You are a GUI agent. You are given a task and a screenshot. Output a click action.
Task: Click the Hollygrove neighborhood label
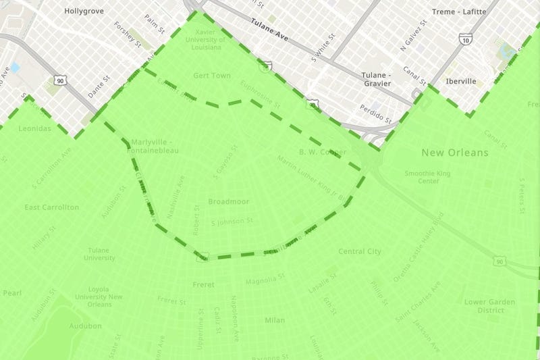pos(83,11)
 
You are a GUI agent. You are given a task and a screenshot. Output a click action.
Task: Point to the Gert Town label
pos(211,76)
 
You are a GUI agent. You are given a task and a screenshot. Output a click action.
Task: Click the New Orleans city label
pos(454,153)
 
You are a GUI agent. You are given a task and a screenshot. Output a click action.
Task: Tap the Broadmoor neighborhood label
pos(229,201)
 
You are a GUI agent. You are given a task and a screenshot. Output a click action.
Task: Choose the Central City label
pos(360,251)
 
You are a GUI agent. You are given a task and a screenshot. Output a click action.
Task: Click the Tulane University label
pos(100,254)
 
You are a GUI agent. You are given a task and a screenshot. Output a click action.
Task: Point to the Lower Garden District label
pos(490,306)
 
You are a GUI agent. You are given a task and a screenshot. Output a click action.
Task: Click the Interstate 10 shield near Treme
pos(466,41)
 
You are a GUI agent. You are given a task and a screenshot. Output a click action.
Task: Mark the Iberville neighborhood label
pos(461,81)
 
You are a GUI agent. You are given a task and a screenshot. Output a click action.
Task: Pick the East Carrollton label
pos(52,207)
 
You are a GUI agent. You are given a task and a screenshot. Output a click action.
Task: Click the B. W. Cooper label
pos(322,152)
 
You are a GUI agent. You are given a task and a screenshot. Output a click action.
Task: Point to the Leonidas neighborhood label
pos(35,128)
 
